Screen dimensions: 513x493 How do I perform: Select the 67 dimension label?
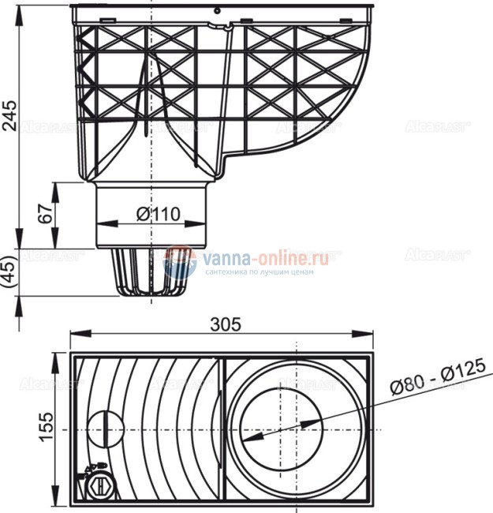pyautogui.click(x=45, y=214)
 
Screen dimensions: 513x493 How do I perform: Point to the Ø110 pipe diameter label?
pyautogui.click(x=157, y=214)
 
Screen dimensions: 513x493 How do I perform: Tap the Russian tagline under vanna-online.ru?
pyautogui.click(x=259, y=272)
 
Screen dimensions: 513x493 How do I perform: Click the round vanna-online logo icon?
pyautogui.click(x=181, y=262)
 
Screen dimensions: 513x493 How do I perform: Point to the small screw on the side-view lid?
pyautogui.click(x=216, y=11)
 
